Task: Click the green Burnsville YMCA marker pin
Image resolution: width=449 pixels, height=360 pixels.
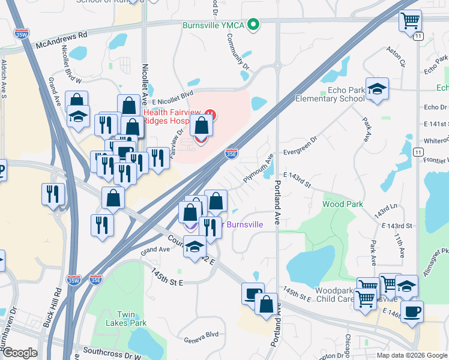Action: [x=254, y=25]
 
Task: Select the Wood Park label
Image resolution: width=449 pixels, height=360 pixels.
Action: [x=342, y=204]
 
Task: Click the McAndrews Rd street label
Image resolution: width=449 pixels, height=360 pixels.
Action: [x=61, y=40]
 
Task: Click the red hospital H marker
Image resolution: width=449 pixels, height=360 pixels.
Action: [x=209, y=114]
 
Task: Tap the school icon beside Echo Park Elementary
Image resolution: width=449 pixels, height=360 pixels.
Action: [x=377, y=89]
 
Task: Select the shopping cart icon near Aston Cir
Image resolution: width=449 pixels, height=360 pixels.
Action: [x=410, y=21]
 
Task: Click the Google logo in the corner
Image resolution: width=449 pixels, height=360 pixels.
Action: [x=19, y=353]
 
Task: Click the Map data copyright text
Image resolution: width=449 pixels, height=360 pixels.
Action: [x=412, y=355]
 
